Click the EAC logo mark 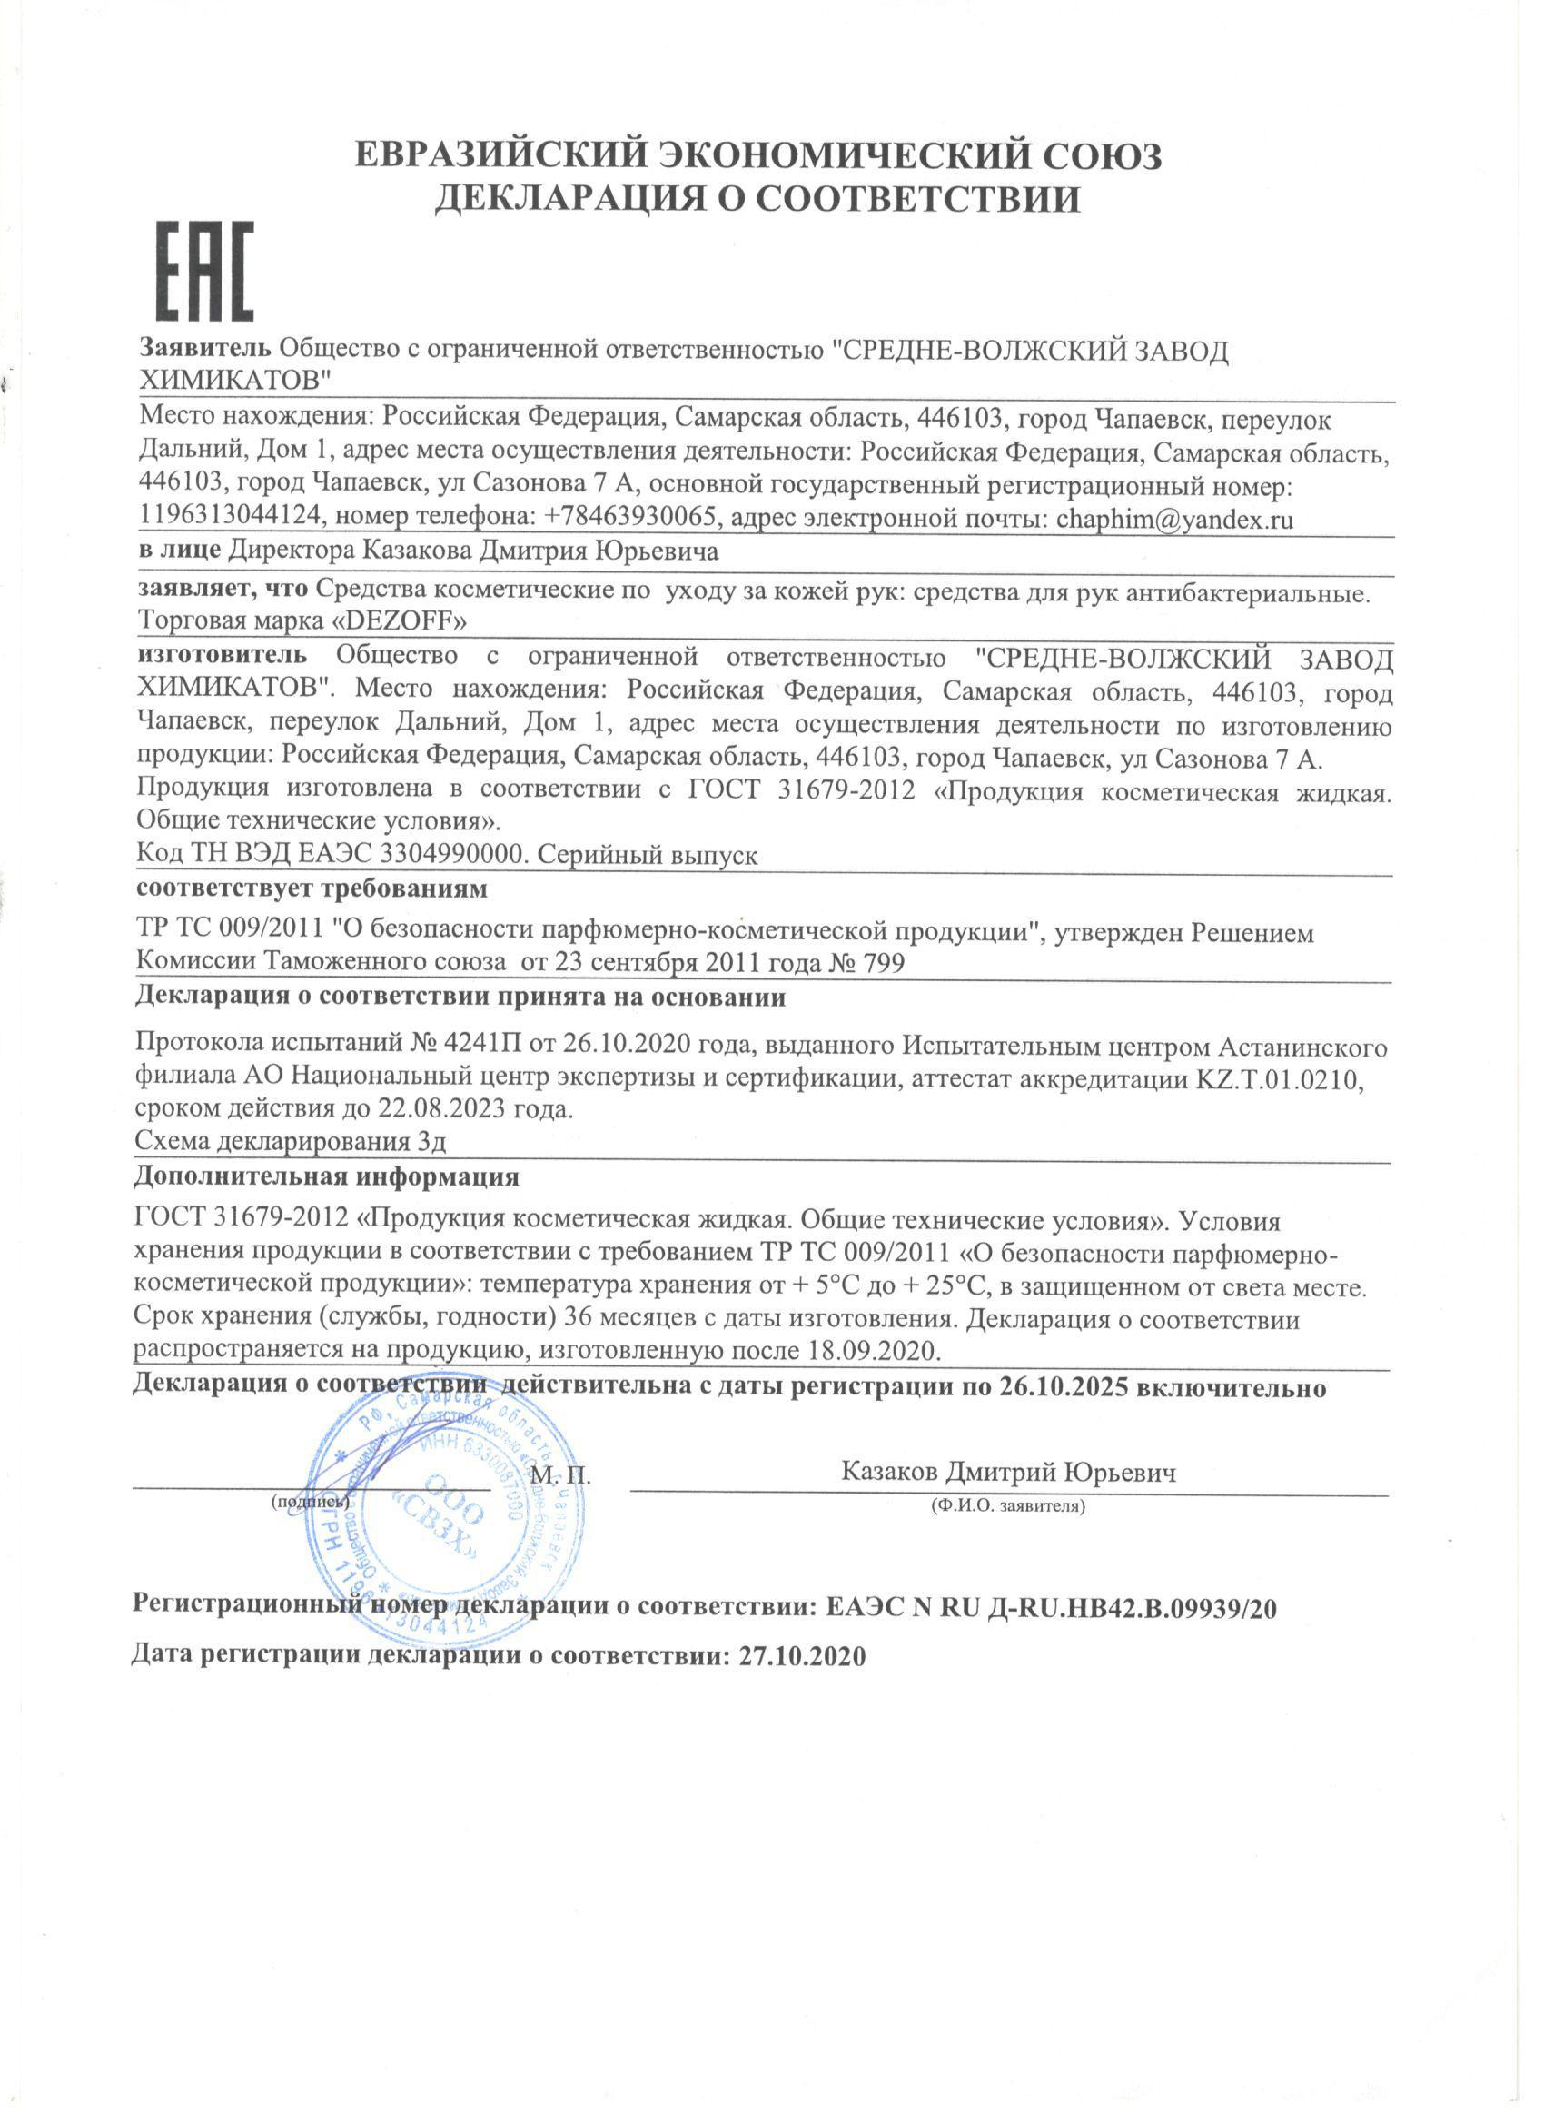205,272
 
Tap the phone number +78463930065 631,519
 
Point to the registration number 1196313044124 232,519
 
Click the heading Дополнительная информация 327,1176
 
